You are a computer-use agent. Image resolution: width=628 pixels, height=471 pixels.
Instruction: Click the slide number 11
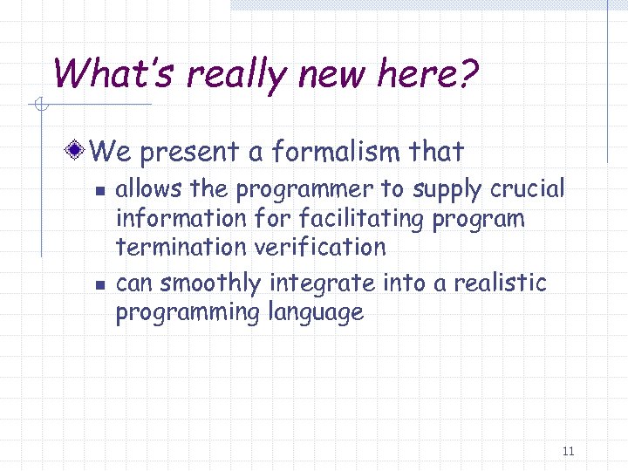(x=568, y=451)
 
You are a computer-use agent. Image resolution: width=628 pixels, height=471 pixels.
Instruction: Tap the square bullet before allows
(x=99, y=189)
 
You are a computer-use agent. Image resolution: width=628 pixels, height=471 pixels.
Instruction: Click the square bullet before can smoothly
(x=99, y=283)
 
